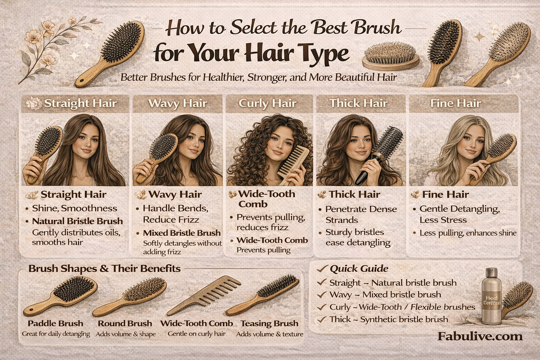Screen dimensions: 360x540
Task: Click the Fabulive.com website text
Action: click(x=480, y=336)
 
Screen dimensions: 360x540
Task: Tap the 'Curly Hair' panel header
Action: click(x=269, y=104)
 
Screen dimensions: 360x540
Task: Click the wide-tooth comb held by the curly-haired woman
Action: click(x=294, y=162)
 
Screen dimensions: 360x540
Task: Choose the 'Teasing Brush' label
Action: click(x=267, y=324)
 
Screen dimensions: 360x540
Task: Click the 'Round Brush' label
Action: click(x=125, y=324)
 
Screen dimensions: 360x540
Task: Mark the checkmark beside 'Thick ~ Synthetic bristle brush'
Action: click(x=322, y=319)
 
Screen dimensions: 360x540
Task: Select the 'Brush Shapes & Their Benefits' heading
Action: click(x=104, y=269)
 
